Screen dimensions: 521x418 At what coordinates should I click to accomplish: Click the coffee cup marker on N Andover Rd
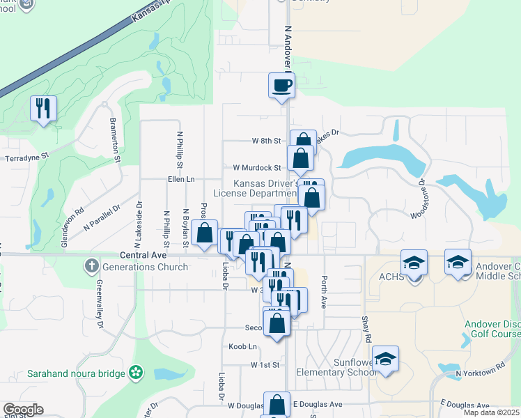pos(281,86)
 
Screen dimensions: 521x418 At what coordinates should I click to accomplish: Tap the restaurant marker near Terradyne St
pos(43,109)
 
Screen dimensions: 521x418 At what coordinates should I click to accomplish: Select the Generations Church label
pos(145,267)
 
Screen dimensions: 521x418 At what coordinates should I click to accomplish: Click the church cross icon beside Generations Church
pos(91,266)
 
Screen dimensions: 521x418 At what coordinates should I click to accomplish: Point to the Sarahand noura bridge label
pos(76,373)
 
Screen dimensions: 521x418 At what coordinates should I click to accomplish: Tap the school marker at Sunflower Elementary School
pos(384,359)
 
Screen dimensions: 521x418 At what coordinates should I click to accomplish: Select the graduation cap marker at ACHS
pos(414,263)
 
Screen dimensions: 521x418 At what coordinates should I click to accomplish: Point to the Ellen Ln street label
pos(180,179)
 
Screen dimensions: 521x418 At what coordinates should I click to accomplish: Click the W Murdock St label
pos(256,168)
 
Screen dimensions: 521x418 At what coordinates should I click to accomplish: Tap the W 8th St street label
pos(265,141)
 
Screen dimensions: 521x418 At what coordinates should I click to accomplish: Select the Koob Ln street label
pos(242,346)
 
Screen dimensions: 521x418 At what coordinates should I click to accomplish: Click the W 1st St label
pos(265,364)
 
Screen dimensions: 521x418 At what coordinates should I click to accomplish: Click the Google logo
pos(23,410)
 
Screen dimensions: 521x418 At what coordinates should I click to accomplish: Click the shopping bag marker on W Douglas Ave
pos(277,405)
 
